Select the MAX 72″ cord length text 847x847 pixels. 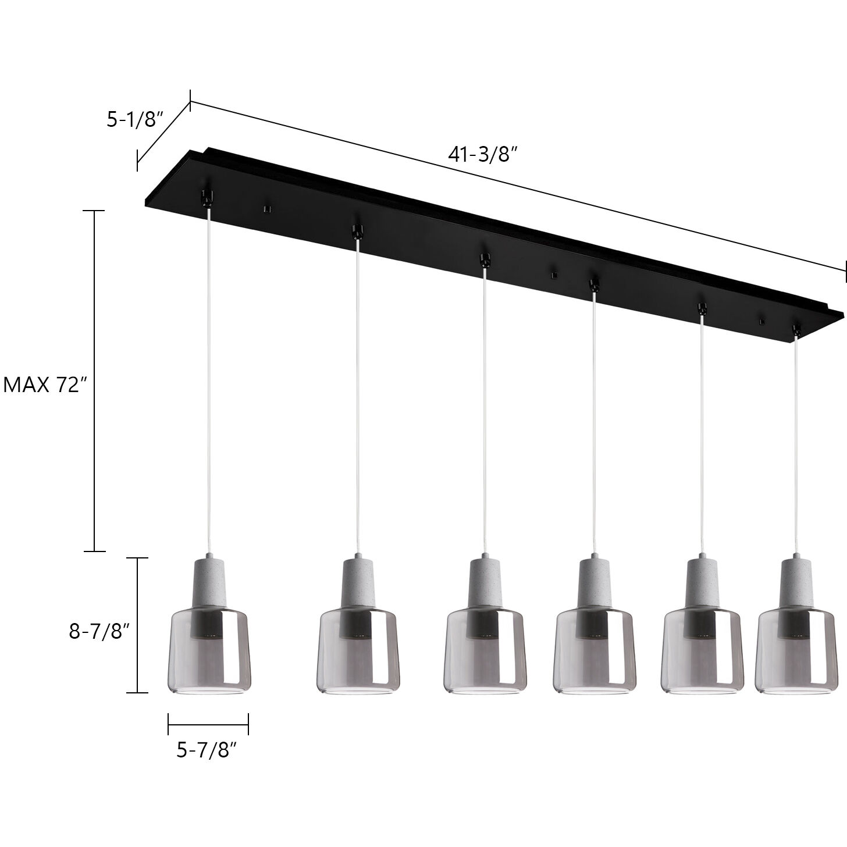click(45, 385)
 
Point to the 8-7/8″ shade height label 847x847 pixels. click(98, 631)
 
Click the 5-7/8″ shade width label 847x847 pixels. click(207, 750)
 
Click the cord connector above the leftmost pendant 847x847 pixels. click(207, 197)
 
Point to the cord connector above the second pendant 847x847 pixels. click(356, 231)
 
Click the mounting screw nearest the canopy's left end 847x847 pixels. click(268, 208)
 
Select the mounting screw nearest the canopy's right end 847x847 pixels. click(762, 321)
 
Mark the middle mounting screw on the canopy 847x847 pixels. click(554, 272)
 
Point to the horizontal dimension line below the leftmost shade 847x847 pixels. click(208, 725)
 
